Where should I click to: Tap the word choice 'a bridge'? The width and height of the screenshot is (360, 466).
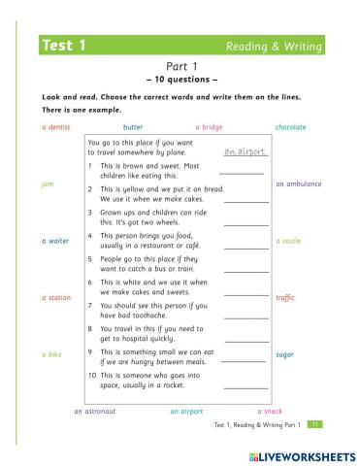point(209,127)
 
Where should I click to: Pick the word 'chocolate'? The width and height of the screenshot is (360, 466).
point(291,127)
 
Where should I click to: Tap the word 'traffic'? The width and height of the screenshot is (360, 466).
point(285,297)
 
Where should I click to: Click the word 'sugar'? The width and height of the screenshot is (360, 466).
point(285,354)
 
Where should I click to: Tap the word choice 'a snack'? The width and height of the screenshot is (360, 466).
point(270,411)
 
